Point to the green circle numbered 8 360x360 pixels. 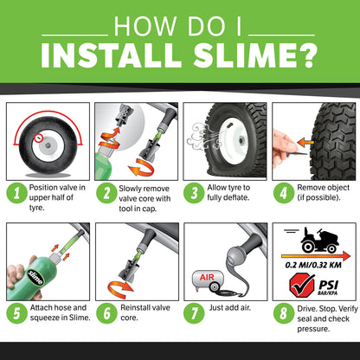point(284,313)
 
